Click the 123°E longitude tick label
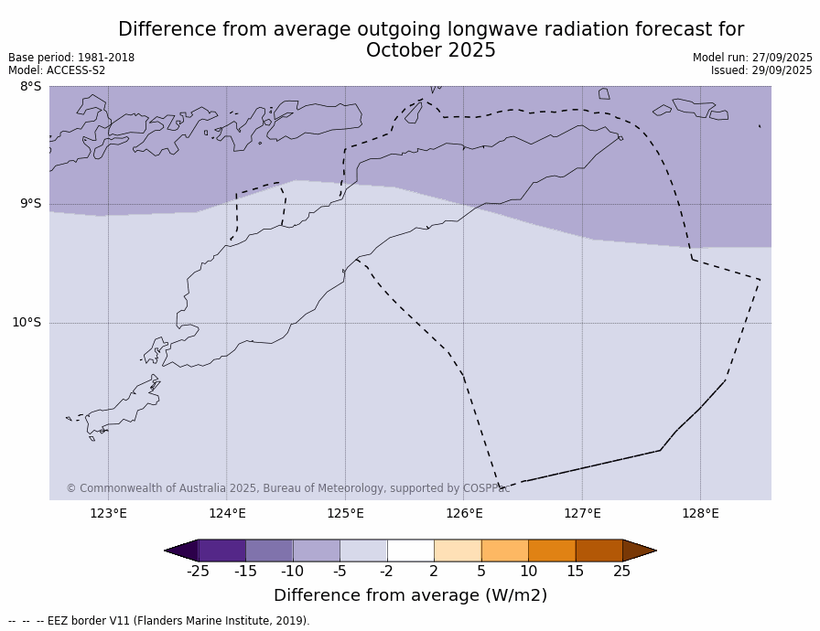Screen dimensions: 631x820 pos(108,513)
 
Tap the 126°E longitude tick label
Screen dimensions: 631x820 pos(464,513)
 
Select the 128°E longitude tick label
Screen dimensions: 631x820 pos(700,513)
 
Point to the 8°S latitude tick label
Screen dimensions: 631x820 pos(30,87)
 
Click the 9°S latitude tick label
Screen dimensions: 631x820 pos(30,204)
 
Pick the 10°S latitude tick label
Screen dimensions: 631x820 pos(27,322)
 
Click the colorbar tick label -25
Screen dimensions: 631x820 pos(198,572)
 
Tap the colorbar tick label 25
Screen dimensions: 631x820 pos(622,572)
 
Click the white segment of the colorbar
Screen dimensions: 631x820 pos(410,551)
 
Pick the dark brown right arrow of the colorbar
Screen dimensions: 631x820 pos(639,551)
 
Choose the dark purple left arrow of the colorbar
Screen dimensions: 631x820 pos(181,551)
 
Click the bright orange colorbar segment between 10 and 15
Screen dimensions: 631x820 pos(552,551)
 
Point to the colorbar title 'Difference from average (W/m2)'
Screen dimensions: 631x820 pos(410,595)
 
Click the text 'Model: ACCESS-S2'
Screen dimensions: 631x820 pos(57,70)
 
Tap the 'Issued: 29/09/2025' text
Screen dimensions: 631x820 pos(761,70)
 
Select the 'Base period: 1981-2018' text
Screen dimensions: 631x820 pos(71,58)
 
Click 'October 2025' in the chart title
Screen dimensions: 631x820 pos(430,51)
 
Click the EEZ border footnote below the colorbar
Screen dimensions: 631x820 pos(159,621)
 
